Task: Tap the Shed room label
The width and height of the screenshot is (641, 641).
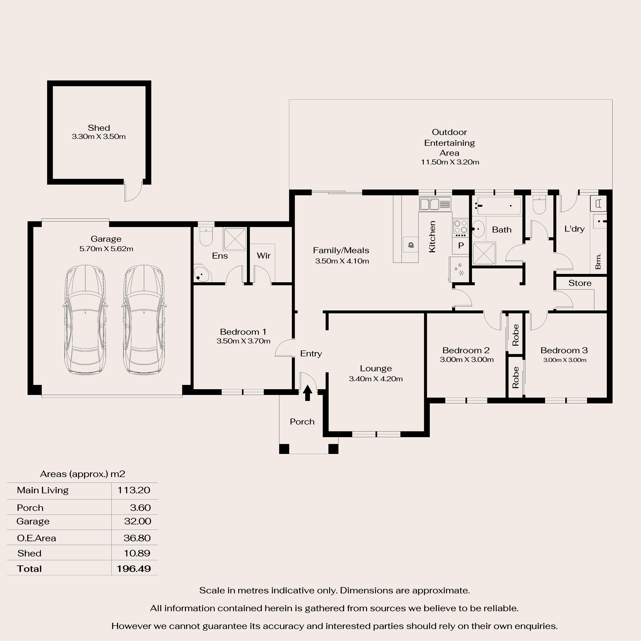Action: click(99, 128)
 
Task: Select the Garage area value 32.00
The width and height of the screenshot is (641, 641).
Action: click(137, 521)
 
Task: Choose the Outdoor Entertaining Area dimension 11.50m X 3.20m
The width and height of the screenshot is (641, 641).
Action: click(450, 162)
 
